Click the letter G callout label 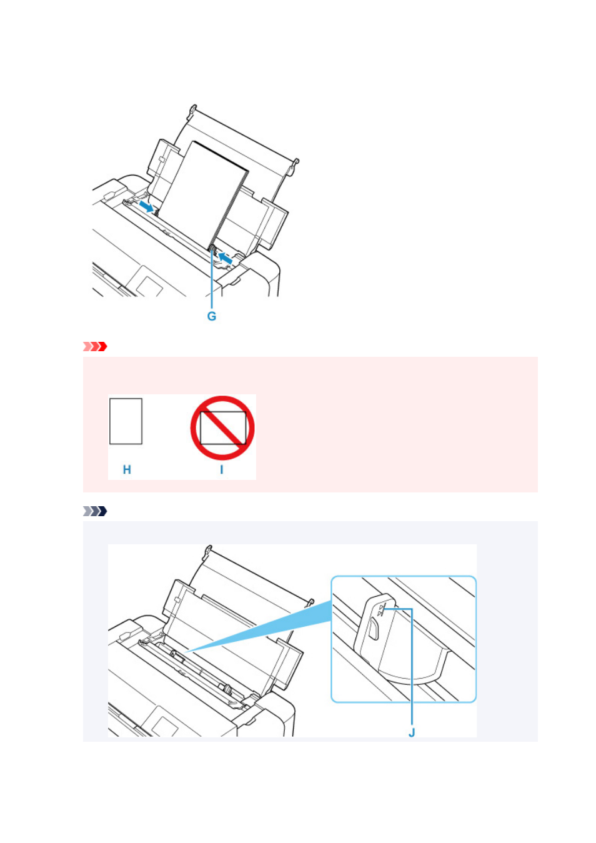(212, 316)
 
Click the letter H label (127, 469)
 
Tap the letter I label (222, 469)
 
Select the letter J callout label (412, 732)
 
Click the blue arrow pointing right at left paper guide (146, 206)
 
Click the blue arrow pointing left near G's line (226, 258)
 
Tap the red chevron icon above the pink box (95, 346)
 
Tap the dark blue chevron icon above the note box (95, 511)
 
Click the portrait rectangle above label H (126, 421)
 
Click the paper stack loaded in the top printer (203, 196)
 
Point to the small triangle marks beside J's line (381, 610)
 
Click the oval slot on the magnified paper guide (373, 629)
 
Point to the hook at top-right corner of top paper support (296, 162)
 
